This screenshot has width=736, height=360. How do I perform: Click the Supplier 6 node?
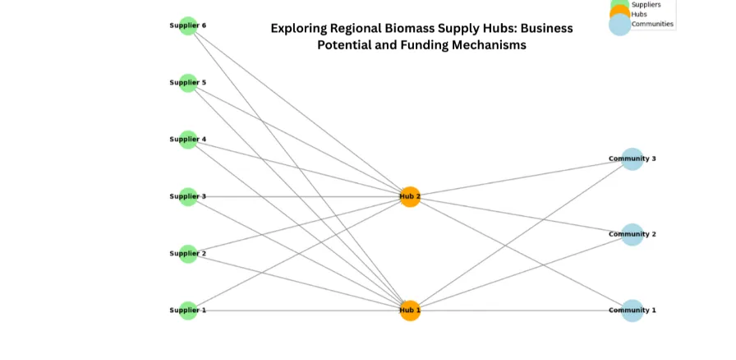[x=188, y=25]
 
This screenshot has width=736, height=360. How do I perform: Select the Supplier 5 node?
[x=188, y=82]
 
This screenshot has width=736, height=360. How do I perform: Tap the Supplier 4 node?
[x=188, y=140]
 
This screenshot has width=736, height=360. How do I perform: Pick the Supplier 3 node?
[x=188, y=196]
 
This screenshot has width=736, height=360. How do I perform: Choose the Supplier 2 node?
[x=188, y=253]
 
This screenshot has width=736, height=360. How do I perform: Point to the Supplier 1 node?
[x=188, y=310]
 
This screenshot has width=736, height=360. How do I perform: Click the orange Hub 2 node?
[x=410, y=196]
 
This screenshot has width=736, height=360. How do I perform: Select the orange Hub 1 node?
[x=410, y=310]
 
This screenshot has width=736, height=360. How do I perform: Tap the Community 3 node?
[x=632, y=159]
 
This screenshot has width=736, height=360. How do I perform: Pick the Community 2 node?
[x=632, y=234]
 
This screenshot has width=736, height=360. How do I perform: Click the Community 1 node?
[x=632, y=310]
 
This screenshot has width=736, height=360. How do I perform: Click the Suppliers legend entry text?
[x=646, y=5]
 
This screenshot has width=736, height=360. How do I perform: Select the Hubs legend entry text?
[x=639, y=14]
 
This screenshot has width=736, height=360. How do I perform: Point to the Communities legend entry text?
[x=652, y=24]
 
